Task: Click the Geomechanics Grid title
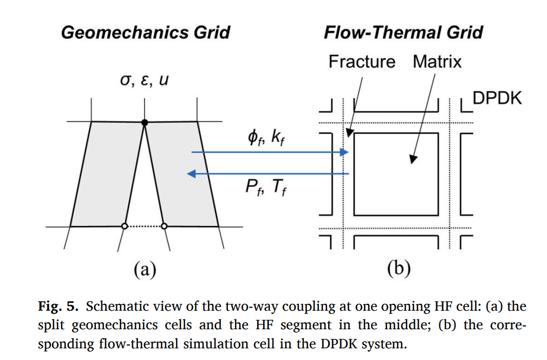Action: coord(146,32)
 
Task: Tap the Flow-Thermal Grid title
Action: coord(403,32)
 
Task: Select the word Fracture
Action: coord(362,62)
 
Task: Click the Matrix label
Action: coord(437,62)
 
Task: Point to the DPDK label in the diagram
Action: coord(497,99)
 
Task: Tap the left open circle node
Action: coord(125,226)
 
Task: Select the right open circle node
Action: coord(164,226)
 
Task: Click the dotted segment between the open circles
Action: coord(144,226)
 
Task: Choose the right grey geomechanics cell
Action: coord(183,175)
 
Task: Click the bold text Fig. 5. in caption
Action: coord(58,306)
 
